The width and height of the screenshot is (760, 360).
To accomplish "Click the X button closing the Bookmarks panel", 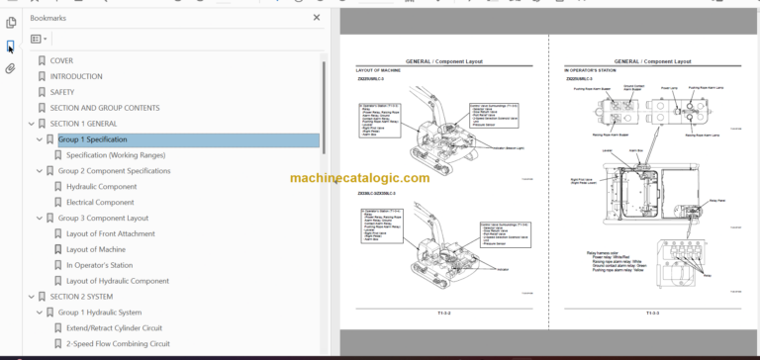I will [317, 17].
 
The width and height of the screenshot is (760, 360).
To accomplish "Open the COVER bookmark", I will [61, 60].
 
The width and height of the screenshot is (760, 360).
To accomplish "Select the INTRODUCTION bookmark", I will [75, 76].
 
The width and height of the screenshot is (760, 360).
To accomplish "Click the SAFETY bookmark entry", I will [62, 92].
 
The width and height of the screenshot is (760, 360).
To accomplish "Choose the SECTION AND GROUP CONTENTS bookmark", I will [104, 108].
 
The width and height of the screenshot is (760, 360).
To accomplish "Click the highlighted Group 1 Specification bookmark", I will [92, 139].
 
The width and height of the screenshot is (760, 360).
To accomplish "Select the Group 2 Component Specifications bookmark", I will [114, 171].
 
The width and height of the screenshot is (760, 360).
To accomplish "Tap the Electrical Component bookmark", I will [100, 202].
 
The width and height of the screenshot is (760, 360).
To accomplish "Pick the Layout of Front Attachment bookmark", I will [110, 233].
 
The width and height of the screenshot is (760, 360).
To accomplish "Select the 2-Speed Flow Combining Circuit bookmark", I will [118, 343].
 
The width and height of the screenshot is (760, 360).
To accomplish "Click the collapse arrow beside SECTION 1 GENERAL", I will [30, 124].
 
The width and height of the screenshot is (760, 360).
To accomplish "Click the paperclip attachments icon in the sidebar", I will [10, 68].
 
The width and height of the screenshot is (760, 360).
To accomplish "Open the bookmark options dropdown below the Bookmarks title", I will [39, 39].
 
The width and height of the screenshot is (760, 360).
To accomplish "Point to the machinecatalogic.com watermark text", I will [359, 178].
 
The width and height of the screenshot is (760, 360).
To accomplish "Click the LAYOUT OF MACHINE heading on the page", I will [379, 71].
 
